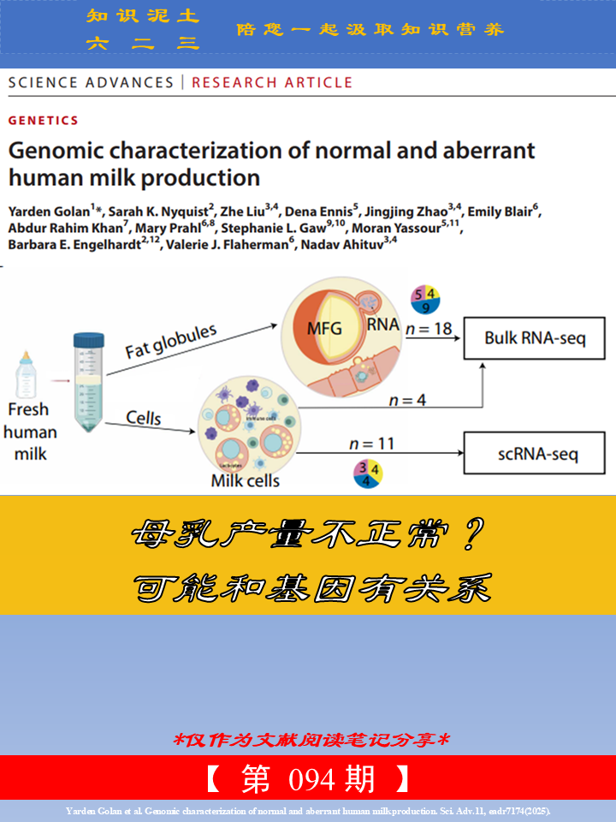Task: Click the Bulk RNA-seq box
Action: (535, 337)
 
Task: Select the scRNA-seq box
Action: (536, 452)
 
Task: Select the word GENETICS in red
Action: (43, 121)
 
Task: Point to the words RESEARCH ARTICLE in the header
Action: (272, 82)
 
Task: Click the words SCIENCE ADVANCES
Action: (90, 82)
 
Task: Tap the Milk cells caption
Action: (245, 480)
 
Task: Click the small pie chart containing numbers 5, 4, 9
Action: (426, 300)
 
